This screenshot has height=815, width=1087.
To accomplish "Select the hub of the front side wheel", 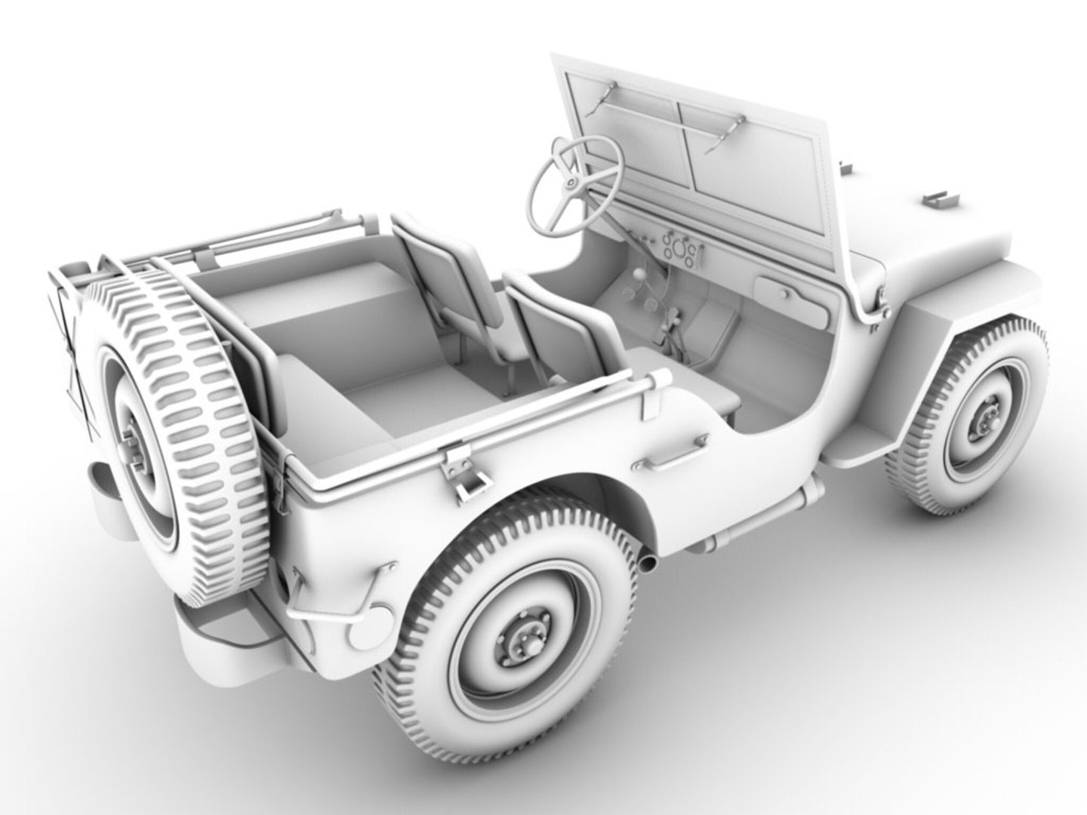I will click(986, 418).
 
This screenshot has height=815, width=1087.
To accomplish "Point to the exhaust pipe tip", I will click(647, 562).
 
